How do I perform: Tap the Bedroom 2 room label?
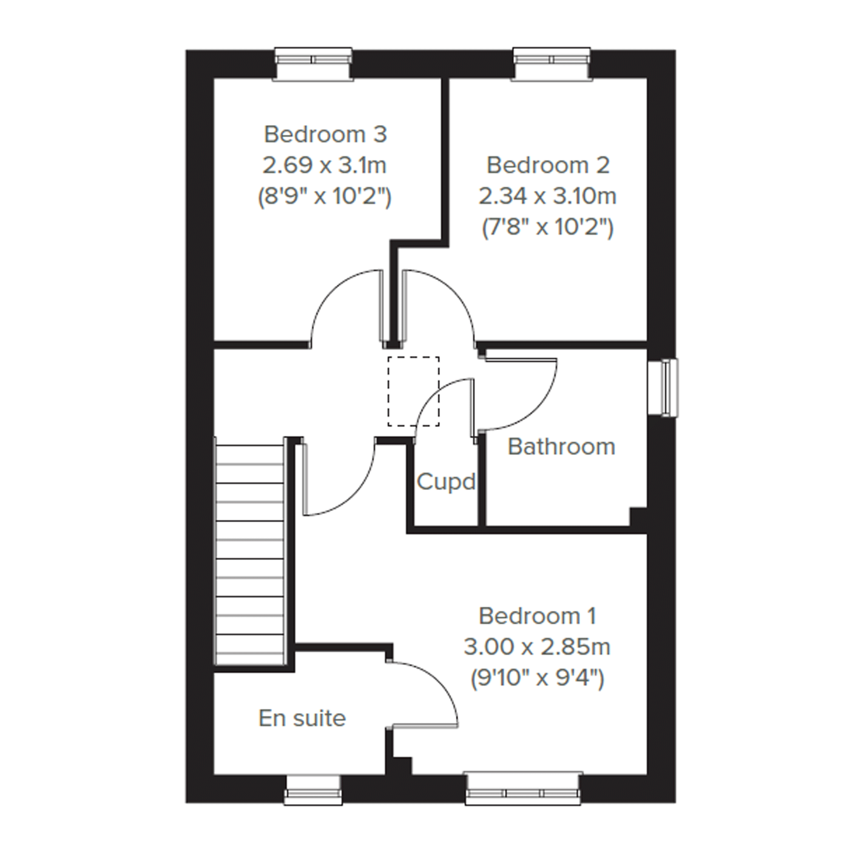point(548,165)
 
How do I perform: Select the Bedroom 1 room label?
point(537,617)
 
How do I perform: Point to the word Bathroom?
point(562,446)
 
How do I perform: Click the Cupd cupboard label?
point(446,482)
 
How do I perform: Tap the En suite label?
point(302,719)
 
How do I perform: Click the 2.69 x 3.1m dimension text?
point(324,166)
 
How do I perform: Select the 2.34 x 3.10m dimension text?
point(548,196)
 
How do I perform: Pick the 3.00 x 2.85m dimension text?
point(537,647)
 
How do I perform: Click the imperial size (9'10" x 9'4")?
point(537,679)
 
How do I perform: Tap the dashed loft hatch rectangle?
point(414,391)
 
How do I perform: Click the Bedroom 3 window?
point(313,64)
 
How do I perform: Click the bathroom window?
point(663,388)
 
